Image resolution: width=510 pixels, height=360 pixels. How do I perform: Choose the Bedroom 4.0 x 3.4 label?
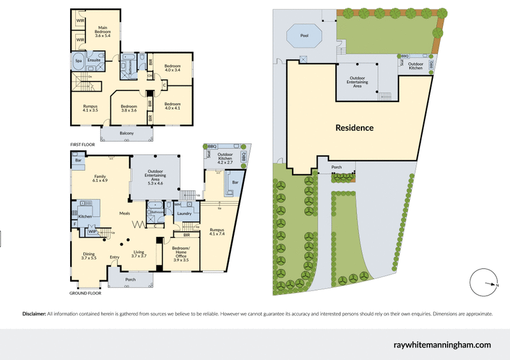(x=173, y=68)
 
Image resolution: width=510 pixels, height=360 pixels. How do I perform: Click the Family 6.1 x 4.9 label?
(x=100, y=179)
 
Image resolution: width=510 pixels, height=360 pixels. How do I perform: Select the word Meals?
(x=125, y=214)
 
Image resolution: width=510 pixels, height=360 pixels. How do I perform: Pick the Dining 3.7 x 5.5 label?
(x=89, y=256)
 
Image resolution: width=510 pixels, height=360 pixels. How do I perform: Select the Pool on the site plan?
(x=304, y=36)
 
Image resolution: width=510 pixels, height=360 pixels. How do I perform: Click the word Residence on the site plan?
(x=354, y=127)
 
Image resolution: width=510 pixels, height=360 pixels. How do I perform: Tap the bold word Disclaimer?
(x=34, y=314)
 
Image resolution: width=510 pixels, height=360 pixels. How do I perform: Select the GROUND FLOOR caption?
(x=85, y=294)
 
